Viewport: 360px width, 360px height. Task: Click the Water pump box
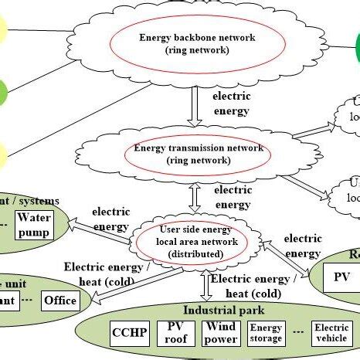(34, 225)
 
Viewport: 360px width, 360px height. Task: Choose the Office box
(59, 300)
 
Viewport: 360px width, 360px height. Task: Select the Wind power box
(220, 333)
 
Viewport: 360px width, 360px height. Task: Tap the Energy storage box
(265, 334)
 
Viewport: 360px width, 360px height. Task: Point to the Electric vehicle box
(331, 334)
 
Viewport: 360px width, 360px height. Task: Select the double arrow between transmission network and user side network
(195, 197)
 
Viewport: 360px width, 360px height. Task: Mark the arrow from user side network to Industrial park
(205, 284)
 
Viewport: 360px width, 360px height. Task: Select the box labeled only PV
(341, 277)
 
